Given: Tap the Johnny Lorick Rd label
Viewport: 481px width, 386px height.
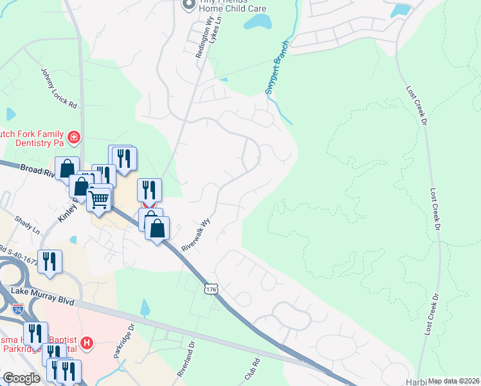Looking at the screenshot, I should [59, 88].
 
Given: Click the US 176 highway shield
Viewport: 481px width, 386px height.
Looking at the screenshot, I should [210, 289].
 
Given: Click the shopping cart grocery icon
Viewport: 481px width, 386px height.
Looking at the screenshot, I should [99, 199].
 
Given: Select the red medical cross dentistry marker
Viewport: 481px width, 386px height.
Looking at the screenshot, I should [74, 136].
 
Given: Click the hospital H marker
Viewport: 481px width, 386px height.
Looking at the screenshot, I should [88, 344].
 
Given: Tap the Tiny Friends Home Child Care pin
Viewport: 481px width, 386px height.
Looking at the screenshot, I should [188, 5].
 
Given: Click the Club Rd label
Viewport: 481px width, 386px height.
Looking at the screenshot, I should [251, 371].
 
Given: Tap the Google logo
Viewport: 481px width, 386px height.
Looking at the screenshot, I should [21, 378].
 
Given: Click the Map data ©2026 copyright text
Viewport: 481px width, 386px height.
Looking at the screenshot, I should [453, 381].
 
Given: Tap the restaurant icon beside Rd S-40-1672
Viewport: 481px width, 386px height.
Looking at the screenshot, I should [50, 262].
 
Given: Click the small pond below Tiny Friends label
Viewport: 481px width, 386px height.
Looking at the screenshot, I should [258, 23].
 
